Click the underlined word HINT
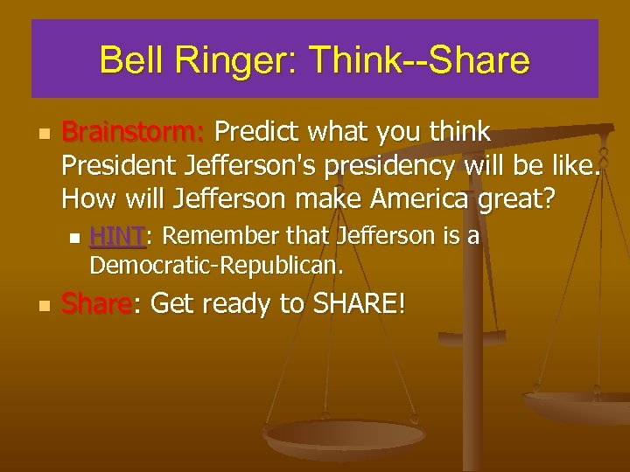[115, 236]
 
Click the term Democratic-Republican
[217, 263]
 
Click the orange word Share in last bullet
[96, 305]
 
